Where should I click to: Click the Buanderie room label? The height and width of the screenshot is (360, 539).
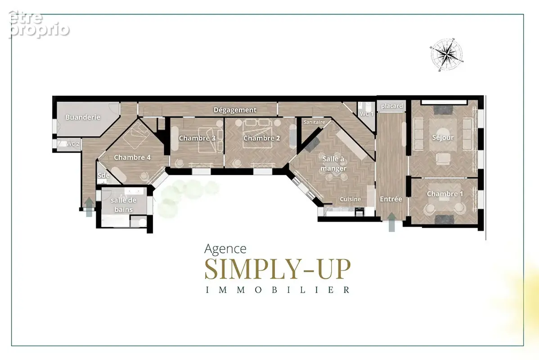tap(83, 117)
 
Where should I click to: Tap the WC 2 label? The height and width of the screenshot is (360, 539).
tap(73, 144)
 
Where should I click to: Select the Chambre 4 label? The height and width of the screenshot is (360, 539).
tap(132, 157)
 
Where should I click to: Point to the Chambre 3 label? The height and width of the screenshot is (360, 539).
tap(197, 138)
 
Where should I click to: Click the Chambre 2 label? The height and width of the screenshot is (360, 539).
tap(261, 138)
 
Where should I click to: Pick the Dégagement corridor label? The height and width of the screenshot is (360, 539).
tap(235, 110)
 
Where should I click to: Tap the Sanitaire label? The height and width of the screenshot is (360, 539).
tap(314, 122)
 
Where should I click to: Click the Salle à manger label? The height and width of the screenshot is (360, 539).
tap(333, 164)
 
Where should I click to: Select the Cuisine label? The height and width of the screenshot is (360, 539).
tap(350, 199)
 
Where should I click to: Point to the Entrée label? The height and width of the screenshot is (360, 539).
tap(391, 199)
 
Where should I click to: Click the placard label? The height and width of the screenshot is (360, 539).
tap(392, 106)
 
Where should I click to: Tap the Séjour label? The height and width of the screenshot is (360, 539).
tap(443, 138)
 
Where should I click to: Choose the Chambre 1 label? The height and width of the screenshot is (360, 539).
tap(445, 194)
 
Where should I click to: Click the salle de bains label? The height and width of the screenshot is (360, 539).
tap(123, 205)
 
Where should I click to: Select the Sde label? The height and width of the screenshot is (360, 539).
tap(103, 175)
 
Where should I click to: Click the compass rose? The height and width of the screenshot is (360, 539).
tap(446, 54)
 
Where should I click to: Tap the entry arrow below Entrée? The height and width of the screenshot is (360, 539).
tap(391, 222)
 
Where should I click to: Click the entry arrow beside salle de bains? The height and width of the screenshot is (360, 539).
tap(89, 207)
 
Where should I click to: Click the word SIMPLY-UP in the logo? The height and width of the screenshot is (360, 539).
tap(278, 269)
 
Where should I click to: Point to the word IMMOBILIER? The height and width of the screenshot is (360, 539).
tap(278, 290)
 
